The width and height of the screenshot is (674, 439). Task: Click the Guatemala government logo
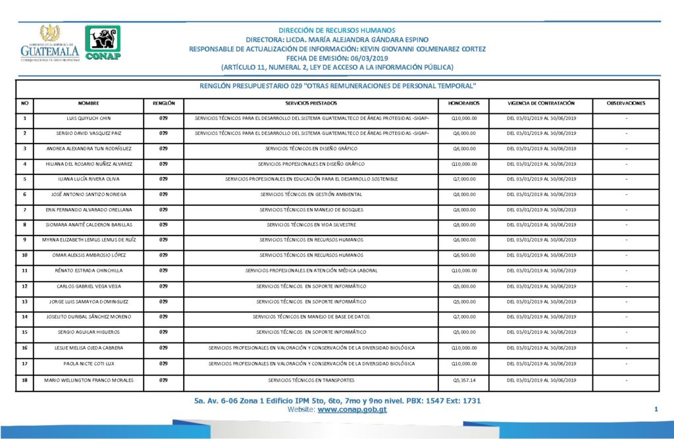click(49, 43)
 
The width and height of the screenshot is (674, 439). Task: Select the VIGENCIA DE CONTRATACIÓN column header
click(541, 104)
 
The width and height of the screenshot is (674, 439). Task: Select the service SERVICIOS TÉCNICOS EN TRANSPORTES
click(311, 380)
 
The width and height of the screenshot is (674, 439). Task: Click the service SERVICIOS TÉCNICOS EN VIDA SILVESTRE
click(311, 224)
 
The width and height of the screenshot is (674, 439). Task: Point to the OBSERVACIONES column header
click(626, 104)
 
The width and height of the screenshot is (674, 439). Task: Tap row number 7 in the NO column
click(24, 209)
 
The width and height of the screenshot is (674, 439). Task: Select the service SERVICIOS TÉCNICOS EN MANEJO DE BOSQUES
click(311, 209)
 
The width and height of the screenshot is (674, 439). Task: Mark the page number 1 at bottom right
click(656, 410)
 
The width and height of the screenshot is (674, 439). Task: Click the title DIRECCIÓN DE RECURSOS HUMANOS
click(337, 30)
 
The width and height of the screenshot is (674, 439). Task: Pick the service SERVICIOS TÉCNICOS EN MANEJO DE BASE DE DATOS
click(311, 317)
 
